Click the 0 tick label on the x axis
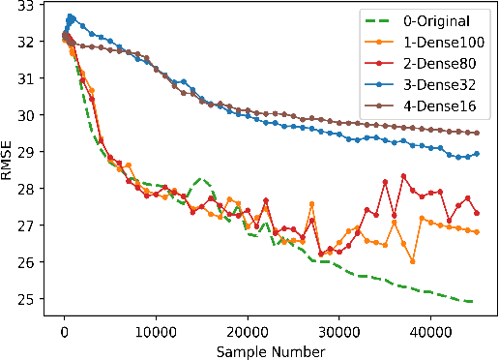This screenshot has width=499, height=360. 64,329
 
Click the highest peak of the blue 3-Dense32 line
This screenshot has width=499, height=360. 70,16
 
